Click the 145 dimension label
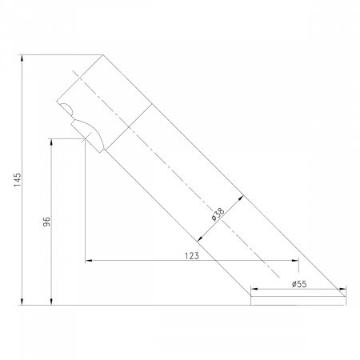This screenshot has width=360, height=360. (x=18, y=179)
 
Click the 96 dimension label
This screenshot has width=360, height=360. (x=46, y=222)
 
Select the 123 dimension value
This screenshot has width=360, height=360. (x=192, y=256)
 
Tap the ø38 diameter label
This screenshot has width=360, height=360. (x=218, y=214)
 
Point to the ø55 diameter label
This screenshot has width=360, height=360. (x=299, y=284)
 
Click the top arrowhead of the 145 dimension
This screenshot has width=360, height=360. (x=22, y=58)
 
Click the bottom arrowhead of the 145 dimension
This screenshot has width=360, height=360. (x=22, y=302)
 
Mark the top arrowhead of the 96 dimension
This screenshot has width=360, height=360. (x=51, y=142)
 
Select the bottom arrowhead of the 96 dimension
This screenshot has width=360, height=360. (x=51, y=302)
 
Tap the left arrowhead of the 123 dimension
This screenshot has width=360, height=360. (x=89, y=260)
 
